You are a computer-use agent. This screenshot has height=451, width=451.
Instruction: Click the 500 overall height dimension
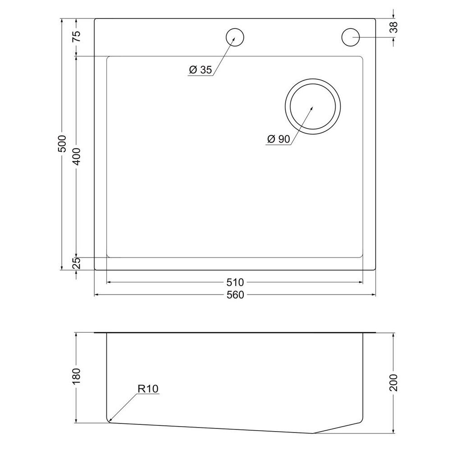click(x=63, y=143)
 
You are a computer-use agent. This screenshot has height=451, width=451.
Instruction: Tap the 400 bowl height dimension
click(x=77, y=156)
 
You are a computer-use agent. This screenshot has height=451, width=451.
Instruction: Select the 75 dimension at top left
click(x=77, y=37)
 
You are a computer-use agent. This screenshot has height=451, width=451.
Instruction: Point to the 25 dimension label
click(x=77, y=263)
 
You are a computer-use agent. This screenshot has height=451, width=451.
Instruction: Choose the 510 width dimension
click(x=235, y=282)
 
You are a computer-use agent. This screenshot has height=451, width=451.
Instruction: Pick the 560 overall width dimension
click(x=235, y=295)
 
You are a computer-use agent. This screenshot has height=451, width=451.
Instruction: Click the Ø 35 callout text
click(x=200, y=70)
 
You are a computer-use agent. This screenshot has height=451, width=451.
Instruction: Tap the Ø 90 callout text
click(x=278, y=139)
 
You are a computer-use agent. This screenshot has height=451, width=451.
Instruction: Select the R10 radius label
click(x=148, y=388)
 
